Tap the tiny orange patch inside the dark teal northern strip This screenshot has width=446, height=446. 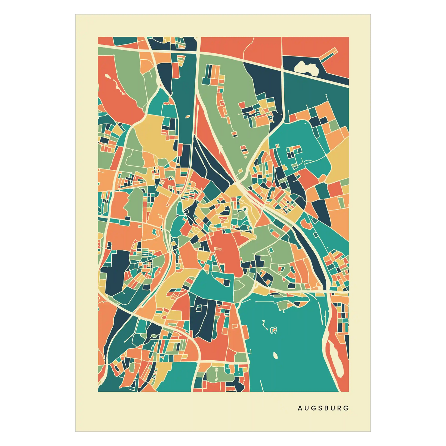pyautogui.click(x=187, y=117)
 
